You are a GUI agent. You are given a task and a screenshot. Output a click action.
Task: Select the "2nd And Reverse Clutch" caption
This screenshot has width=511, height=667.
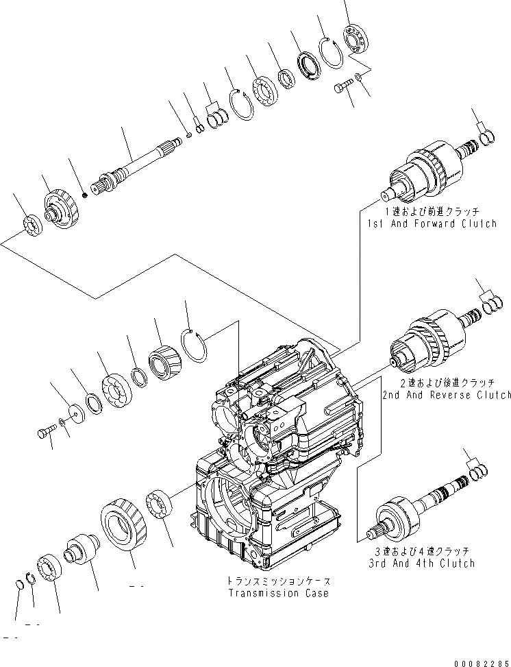[x=447, y=395]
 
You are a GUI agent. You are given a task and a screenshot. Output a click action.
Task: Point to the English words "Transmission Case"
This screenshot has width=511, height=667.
[x=279, y=593]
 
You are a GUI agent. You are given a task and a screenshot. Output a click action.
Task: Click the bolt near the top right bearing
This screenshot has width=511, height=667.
[x=342, y=87]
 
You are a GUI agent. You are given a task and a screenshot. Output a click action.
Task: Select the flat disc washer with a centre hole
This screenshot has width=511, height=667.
[x=75, y=415]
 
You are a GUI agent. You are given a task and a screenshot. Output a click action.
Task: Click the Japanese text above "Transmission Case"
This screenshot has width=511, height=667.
[x=279, y=581]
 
